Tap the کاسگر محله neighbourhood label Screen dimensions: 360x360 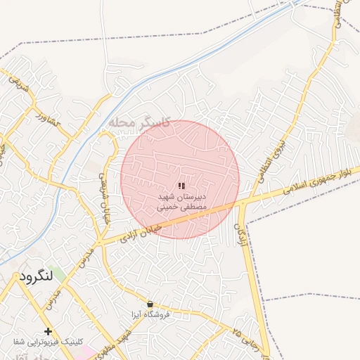tap(141, 122)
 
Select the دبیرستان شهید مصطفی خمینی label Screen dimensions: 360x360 tap(181, 203)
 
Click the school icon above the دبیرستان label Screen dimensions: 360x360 tap(181, 186)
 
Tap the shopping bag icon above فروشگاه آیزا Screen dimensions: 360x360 tap(150, 304)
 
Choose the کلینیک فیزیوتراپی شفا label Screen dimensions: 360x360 tap(49, 341)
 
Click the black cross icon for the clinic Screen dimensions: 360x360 tap(49, 330)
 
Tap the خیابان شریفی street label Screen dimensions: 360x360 tap(104, 186)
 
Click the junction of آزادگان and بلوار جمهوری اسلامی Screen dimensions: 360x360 tap(243, 202)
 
